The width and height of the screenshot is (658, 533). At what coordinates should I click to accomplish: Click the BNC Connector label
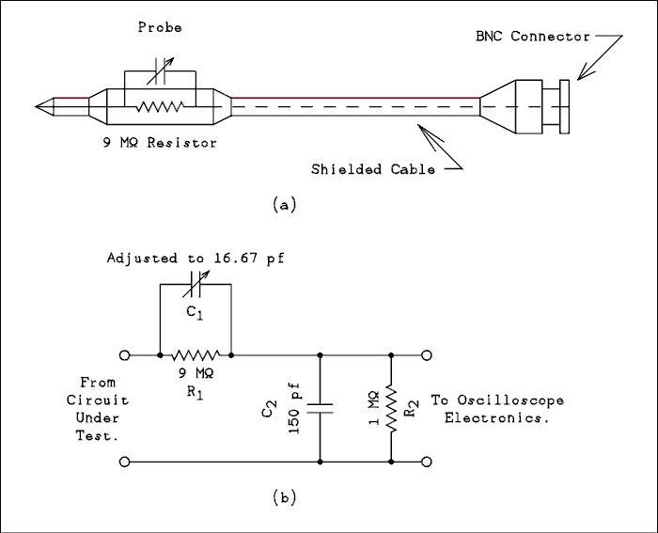point(532,37)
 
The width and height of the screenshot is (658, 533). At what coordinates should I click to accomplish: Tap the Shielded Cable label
point(373,170)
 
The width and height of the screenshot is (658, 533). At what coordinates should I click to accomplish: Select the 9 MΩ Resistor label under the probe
point(160,143)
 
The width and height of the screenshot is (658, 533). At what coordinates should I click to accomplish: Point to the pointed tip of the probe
point(40,105)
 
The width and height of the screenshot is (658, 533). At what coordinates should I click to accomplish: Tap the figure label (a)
point(283,203)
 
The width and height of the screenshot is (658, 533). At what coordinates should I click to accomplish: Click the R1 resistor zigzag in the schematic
point(196,355)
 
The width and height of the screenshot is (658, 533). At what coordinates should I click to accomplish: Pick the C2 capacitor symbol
point(321,408)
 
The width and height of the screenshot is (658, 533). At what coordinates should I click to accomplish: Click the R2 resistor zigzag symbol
point(391,410)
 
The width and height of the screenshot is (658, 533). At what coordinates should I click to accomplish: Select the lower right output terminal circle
point(427,462)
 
